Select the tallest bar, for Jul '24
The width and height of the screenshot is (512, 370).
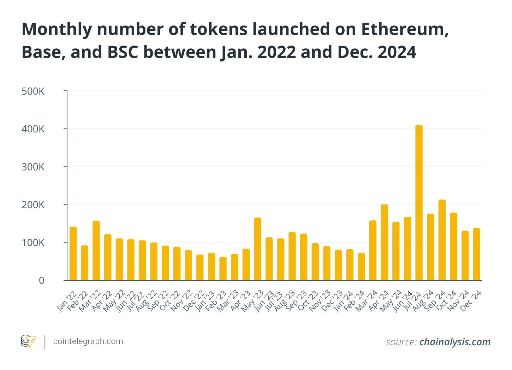419,203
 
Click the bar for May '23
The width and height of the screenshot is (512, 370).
257,249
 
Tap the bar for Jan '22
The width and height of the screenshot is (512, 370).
73,253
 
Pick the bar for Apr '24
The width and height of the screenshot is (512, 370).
384,243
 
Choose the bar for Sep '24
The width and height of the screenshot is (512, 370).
442,240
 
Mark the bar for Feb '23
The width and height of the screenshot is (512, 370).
223,269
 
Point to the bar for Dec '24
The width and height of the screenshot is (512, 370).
476,254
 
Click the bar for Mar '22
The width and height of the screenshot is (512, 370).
96,251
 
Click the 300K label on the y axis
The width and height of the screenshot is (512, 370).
33,167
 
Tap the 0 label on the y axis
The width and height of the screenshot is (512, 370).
42,281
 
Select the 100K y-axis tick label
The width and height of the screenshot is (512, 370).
33,243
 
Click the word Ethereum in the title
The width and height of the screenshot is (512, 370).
405,30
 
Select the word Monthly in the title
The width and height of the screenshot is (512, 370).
57,30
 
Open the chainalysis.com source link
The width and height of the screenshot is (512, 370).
455,342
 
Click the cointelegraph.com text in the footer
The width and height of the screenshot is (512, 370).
88,341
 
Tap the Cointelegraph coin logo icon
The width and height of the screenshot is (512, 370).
28,341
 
